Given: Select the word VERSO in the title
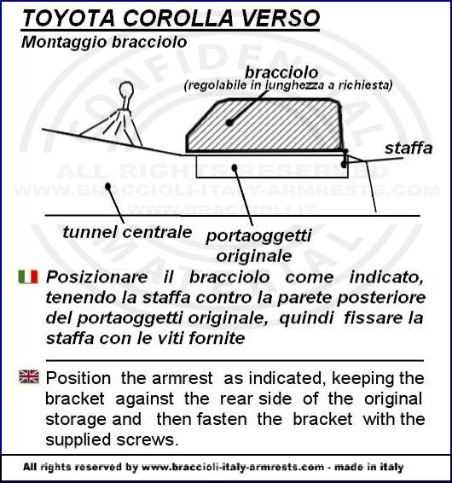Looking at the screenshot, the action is coord(281,18).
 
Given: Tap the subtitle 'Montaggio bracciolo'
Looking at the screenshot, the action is coord(104,43).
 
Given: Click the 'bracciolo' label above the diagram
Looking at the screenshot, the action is coord(281,73).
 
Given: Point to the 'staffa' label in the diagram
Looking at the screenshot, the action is coord(409,148).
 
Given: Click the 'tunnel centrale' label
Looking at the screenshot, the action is coord(127,232).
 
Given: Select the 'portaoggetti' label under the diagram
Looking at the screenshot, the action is coord(258,236).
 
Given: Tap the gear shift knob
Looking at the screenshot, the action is coord(126,90).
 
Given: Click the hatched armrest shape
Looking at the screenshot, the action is coord(264,125).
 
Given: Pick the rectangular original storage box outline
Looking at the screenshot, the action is coord(272,177).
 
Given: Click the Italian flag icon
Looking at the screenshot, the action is coord(28,276).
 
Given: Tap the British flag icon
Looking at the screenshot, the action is coord(29,376).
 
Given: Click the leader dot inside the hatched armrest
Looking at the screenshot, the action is coord(229,123).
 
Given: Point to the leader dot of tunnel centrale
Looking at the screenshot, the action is coord(107,186).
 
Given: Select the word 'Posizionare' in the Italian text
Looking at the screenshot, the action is coord(96,277).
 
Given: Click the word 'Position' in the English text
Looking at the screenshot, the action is coord(78,378).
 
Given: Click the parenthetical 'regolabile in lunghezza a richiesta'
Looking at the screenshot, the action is coord(288,85).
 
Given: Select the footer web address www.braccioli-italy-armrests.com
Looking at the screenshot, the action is coord(233,467).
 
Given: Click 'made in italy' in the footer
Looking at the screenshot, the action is coord(369,467).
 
